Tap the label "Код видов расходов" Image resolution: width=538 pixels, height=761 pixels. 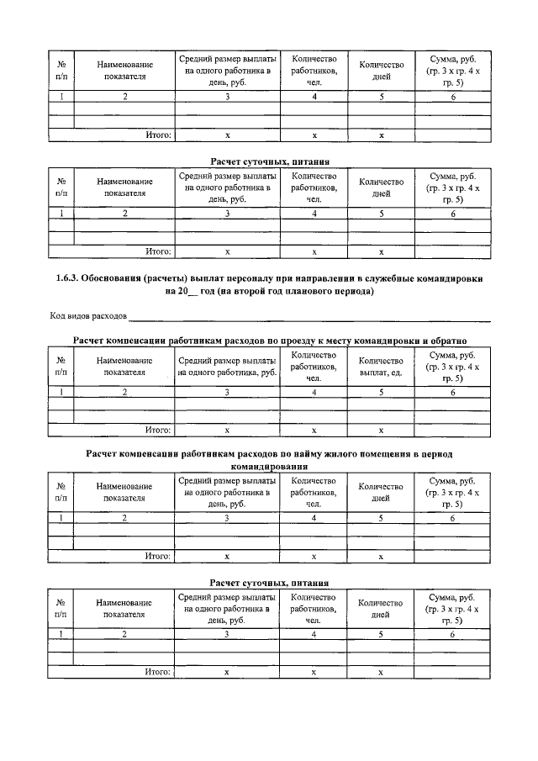(87, 316)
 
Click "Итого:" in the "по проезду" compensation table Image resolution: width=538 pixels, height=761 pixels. (159, 429)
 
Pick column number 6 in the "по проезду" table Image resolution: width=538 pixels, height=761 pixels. (453, 392)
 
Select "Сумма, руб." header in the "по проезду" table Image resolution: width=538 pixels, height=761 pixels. (453, 356)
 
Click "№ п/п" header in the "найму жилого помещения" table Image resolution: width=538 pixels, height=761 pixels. (61, 492)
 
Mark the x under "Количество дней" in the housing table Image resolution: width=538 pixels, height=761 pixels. (381, 556)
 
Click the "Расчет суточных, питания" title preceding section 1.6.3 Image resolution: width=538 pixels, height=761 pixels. (268, 161)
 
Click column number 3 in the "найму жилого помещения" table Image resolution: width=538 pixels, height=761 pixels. (227, 518)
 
